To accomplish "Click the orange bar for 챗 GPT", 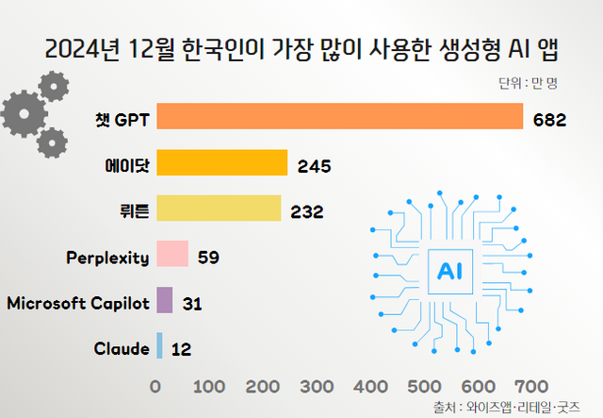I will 339,116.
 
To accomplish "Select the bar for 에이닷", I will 221,162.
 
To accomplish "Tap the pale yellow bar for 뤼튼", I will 219,209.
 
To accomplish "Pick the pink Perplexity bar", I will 172,254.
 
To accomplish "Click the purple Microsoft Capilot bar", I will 164,300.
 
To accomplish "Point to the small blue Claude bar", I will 159,346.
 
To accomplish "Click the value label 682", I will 549,119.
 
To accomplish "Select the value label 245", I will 313,165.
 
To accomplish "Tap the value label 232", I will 307,211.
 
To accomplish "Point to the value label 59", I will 209,257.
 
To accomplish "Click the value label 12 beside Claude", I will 182,350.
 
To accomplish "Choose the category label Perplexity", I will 107,256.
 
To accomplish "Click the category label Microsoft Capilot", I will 78,302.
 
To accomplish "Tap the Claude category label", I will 122,348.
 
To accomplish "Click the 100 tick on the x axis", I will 208,386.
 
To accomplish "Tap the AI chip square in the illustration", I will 446,272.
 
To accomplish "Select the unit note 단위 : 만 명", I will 529,82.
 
